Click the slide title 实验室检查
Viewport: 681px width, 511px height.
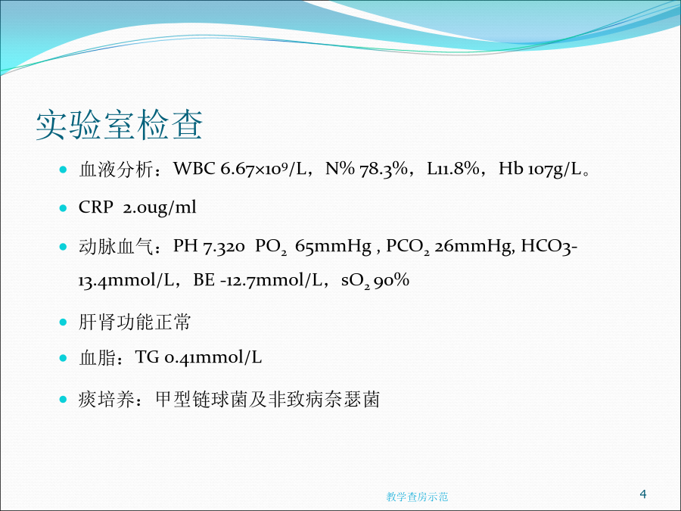(x=119, y=125)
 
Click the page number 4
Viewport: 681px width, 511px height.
(x=643, y=494)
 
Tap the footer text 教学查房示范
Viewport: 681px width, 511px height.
(x=417, y=497)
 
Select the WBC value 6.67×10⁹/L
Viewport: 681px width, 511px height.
(x=263, y=169)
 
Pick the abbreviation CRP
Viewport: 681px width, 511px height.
(x=96, y=207)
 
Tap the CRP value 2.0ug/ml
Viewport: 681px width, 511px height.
(x=160, y=207)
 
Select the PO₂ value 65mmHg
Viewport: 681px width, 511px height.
(x=333, y=246)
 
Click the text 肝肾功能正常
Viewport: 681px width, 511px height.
(x=135, y=322)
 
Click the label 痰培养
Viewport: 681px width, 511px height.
(x=107, y=399)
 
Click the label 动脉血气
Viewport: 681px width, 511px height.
(x=116, y=246)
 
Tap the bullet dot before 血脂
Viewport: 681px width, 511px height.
(x=63, y=358)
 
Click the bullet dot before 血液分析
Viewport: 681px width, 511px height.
(x=63, y=169)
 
